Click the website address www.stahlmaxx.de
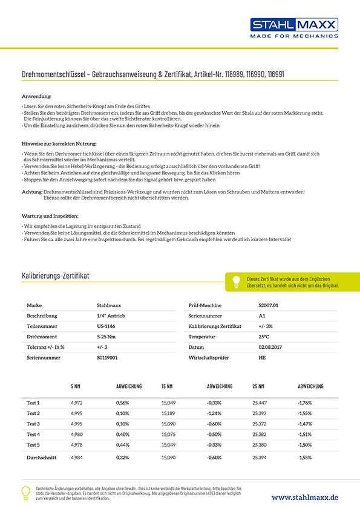[x=304, y=496]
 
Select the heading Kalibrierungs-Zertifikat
[x=55, y=276]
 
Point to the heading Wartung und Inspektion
[x=50, y=216]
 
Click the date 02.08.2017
[x=269, y=347]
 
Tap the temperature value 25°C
[x=264, y=337]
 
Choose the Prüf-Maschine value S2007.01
[x=268, y=305]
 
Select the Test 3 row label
[x=33, y=424]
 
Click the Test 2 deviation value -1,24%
[x=214, y=413]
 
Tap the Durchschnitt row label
[x=42, y=458]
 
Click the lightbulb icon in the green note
[x=236, y=281]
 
